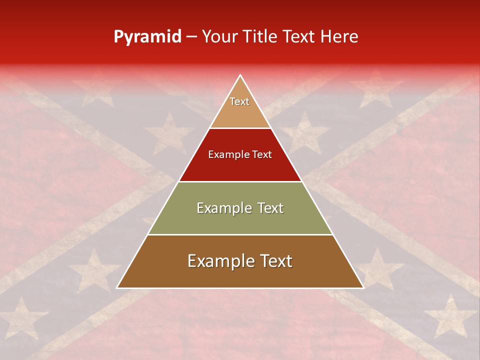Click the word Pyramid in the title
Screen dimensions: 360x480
[x=147, y=37]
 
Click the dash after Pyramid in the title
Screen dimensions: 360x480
[x=191, y=37]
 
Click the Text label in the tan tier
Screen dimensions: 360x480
[x=239, y=101]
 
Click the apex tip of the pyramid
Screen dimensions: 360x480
[x=240, y=75]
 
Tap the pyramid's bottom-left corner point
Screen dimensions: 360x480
[x=117, y=288]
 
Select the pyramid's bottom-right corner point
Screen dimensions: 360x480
[x=363, y=288]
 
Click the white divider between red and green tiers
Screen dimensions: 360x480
[x=240, y=181]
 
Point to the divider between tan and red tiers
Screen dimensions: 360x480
[x=240, y=128]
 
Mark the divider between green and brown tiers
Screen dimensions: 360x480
[x=240, y=234]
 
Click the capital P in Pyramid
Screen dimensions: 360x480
[x=118, y=37]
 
